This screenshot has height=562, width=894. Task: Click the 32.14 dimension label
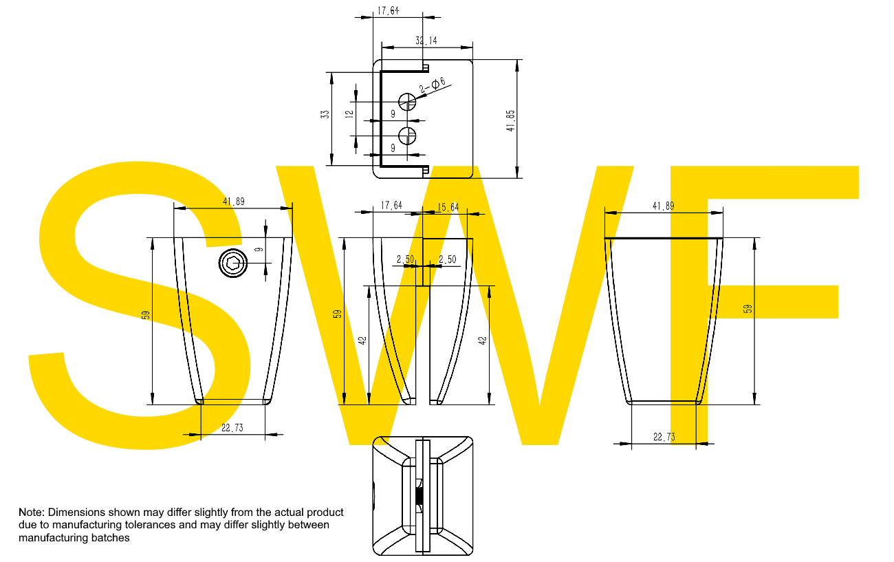click(x=426, y=41)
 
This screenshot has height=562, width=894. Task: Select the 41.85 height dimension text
click(x=510, y=120)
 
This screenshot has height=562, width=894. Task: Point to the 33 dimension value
click(x=325, y=114)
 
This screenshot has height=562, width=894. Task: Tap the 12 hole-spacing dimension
click(x=349, y=114)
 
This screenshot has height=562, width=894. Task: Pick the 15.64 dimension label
click(x=448, y=206)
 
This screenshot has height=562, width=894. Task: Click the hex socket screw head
click(x=233, y=263)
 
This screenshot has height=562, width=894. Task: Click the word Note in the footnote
click(x=31, y=512)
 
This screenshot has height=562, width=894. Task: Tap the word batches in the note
click(x=111, y=538)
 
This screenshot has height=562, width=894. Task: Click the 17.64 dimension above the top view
click(x=388, y=11)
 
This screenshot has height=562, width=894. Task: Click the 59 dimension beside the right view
click(x=748, y=309)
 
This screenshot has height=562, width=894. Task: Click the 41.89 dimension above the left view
click(x=233, y=202)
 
